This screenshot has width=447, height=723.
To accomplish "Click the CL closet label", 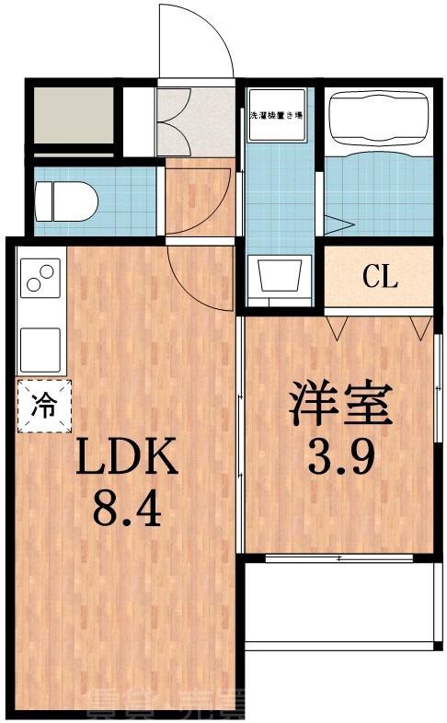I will pyautogui.click(x=379, y=276).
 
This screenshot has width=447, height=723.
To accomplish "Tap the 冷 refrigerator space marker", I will pyautogui.click(x=42, y=406).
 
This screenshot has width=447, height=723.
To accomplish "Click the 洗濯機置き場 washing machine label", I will pyautogui.click(x=278, y=116).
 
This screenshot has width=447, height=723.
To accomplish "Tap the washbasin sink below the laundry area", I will pyautogui.click(x=280, y=275).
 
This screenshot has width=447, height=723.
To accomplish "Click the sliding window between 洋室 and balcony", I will pyautogui.click(x=340, y=558).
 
